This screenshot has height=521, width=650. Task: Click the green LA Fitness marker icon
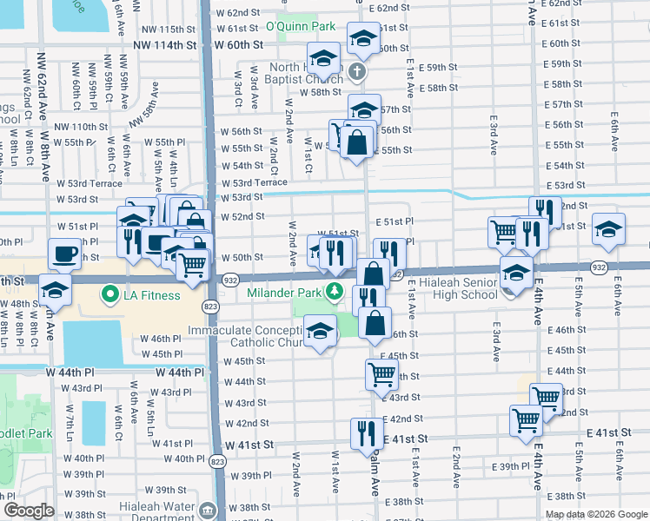(x=110, y=295)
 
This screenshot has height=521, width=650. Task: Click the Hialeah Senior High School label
(x=458, y=289)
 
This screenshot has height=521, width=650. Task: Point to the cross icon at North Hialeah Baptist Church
(x=356, y=73)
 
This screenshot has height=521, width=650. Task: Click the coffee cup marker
(x=68, y=255)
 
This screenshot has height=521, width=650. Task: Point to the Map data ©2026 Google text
(x=596, y=513)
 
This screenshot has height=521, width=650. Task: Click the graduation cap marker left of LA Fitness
(x=54, y=290)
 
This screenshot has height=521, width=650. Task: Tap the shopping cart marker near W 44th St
(x=381, y=373)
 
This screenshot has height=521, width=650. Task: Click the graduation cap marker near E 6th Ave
(x=608, y=229)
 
